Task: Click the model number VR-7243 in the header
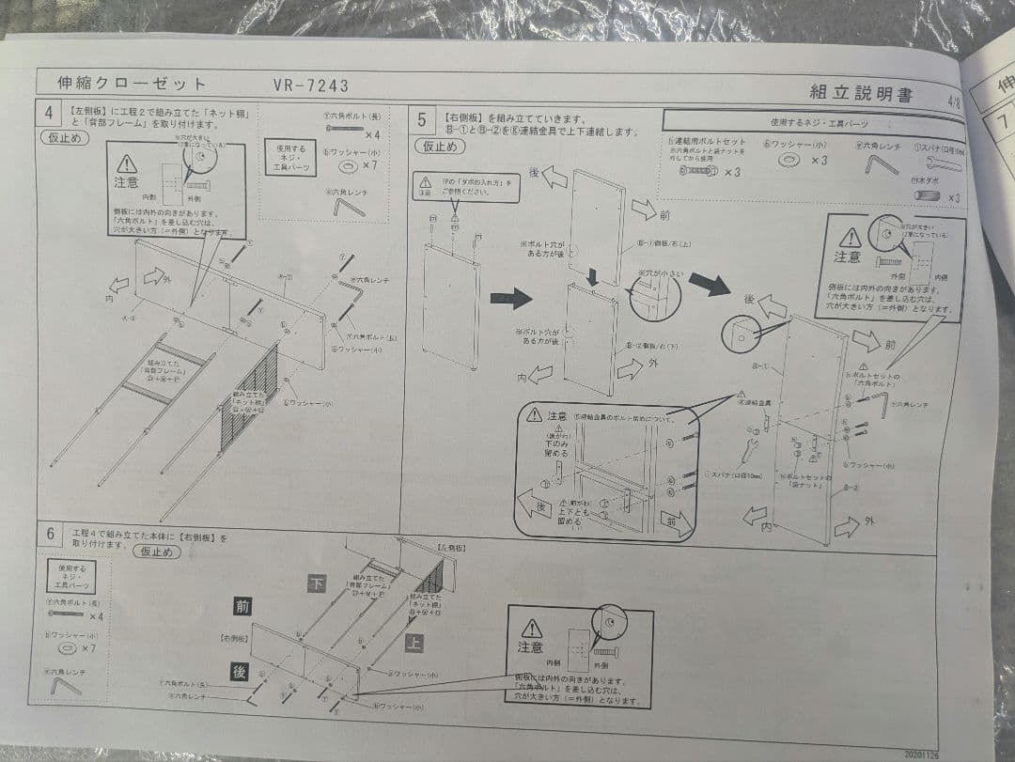click(x=310, y=86)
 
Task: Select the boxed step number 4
click(x=48, y=114)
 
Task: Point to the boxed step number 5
click(x=422, y=119)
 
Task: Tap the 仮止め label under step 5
click(x=439, y=146)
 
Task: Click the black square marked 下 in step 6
click(x=318, y=583)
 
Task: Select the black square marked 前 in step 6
click(x=242, y=607)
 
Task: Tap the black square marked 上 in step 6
click(x=414, y=643)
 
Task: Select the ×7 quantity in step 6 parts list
click(x=89, y=648)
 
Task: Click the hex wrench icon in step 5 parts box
click(x=881, y=165)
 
